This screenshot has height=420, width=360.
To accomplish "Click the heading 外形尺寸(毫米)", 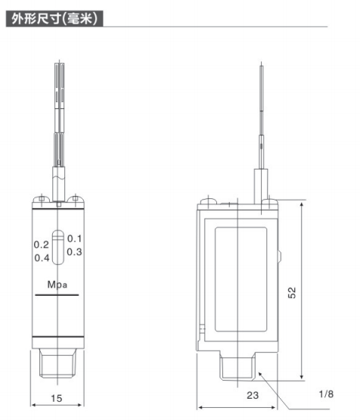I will (54, 17).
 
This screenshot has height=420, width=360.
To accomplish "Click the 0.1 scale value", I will (74, 239).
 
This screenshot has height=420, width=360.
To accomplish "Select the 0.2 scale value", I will (41, 245).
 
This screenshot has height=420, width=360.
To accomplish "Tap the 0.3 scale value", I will (74, 252).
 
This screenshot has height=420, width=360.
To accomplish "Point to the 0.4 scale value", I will (41, 258).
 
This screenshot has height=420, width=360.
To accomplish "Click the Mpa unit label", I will (57, 285).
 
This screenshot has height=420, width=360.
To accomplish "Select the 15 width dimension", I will (57, 397).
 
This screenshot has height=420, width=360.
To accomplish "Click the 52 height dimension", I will (314, 292).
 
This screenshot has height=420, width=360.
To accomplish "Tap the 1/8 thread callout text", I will (326, 394).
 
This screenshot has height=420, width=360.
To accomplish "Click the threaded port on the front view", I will (57, 366).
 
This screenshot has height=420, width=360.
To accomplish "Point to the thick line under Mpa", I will (57, 298).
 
